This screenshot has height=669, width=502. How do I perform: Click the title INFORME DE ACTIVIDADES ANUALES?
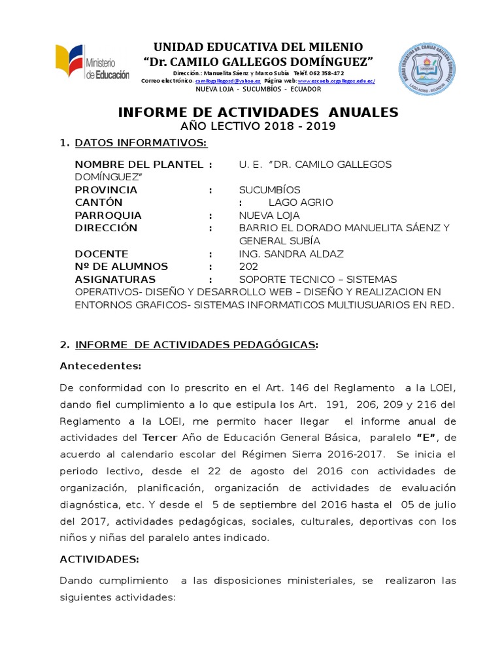coord(258,112)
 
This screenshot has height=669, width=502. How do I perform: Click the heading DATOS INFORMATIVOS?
coord(141,143)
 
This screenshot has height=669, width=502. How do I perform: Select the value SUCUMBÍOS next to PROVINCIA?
coord(270,189)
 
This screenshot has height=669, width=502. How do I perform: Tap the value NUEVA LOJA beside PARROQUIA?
coord(269,215)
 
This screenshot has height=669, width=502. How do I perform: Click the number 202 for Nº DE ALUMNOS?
coord(248,266)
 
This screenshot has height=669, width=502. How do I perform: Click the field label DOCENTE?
coord(101,253)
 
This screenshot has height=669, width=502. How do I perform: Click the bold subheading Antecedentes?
coord(100,365)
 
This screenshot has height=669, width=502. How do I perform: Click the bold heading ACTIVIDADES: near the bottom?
coord(99,560)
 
